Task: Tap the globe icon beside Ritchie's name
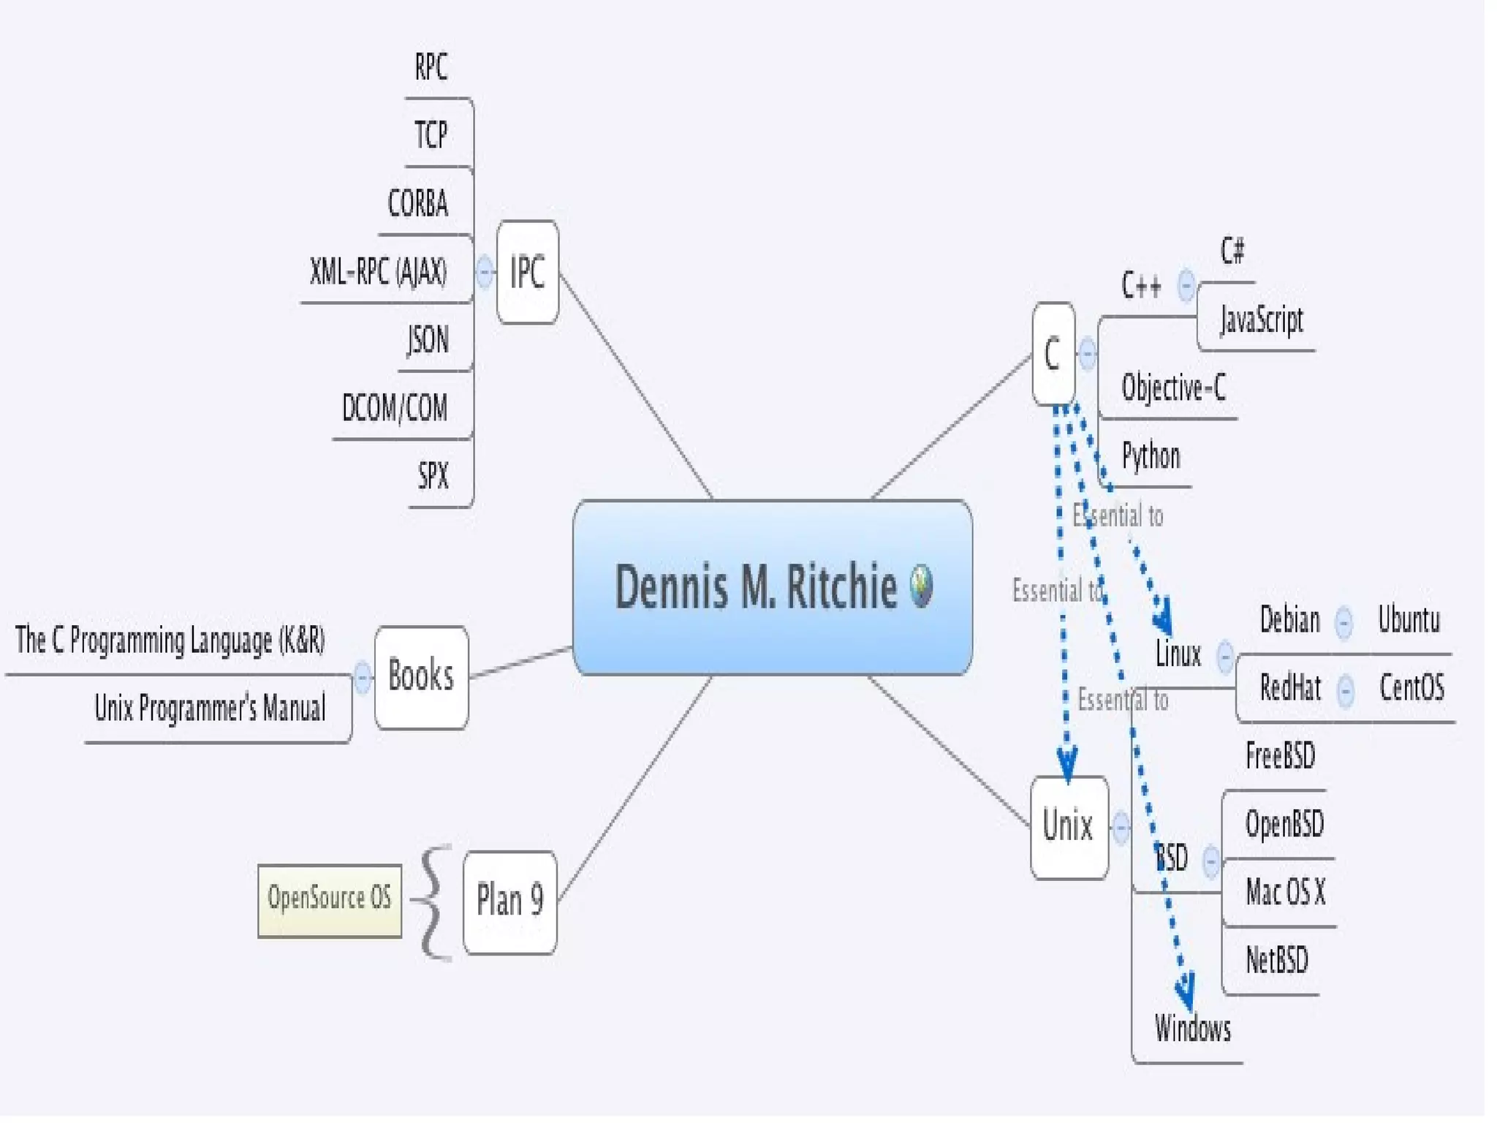(921, 585)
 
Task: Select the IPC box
(527, 272)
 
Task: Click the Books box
(421, 676)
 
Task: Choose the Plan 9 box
(509, 901)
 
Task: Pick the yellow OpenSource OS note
(330, 899)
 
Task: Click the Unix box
(1068, 826)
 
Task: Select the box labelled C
(1053, 354)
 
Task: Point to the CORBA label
(418, 203)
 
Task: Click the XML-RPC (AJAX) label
(378, 271)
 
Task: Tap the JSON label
(428, 339)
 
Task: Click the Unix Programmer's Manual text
(210, 708)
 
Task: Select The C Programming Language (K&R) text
(170, 640)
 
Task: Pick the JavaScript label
(1262, 319)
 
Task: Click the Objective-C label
(1173, 387)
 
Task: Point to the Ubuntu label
(1409, 620)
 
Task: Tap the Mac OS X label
(1285, 892)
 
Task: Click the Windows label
(1192, 1029)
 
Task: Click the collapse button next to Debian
(1343, 621)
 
